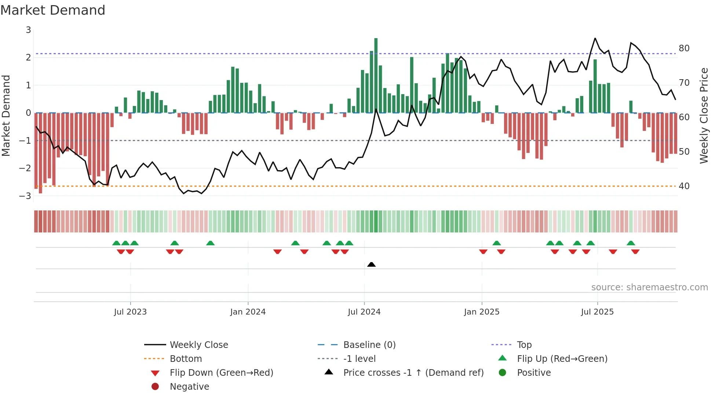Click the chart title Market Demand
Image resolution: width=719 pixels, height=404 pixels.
coord(53,10)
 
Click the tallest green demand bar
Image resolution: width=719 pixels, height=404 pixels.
coord(376,75)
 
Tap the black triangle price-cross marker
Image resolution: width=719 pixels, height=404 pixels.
coord(371,264)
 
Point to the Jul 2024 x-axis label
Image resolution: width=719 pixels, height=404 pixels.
coord(364,312)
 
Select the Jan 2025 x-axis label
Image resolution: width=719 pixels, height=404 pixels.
coord(481,312)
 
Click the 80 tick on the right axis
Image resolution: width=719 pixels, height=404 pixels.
coord(684,48)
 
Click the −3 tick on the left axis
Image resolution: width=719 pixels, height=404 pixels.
coord(25,196)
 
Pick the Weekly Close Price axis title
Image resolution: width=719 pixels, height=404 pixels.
coord(704,115)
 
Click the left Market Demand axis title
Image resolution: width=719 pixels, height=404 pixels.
coord(6,115)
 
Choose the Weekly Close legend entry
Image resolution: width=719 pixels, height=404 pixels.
coord(198,345)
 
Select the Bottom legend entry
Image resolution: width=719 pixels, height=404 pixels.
coord(186,359)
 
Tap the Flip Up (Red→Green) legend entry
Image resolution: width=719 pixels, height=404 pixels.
coord(562,359)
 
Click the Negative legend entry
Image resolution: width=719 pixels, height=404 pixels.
coord(189,387)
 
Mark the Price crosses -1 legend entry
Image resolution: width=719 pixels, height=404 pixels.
coord(413,373)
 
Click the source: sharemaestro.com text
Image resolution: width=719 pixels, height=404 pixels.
coord(649,287)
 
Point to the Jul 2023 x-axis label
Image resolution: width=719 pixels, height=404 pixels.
coord(130,312)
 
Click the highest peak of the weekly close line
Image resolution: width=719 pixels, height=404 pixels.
coord(595,38)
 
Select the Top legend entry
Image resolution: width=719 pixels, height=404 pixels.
coord(524,345)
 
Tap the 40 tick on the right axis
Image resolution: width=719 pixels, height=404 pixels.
coord(684,186)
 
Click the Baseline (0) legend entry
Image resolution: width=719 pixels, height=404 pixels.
coord(369,345)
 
